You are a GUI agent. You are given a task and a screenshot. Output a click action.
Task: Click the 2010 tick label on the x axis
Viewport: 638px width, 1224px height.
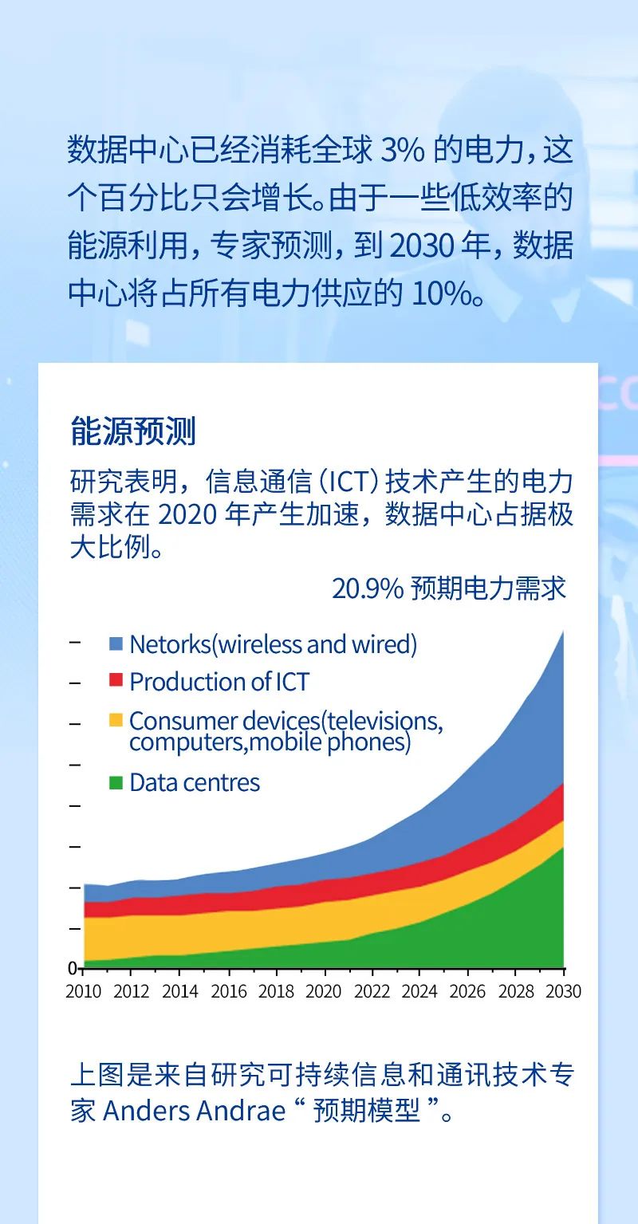pos(83,990)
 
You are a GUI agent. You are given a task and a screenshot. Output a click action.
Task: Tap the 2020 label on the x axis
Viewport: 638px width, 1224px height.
pos(323,990)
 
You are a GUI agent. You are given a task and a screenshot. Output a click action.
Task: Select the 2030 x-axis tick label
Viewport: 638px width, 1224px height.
pos(563,990)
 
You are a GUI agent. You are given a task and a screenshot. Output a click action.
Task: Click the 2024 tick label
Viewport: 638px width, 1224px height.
pos(419,990)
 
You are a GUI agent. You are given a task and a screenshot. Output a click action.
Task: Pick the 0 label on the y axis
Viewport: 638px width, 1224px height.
pos(72,968)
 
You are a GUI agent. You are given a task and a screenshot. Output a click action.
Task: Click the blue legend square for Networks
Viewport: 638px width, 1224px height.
pos(116,643)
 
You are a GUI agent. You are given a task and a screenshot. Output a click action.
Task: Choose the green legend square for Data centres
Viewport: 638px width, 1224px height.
pos(116,782)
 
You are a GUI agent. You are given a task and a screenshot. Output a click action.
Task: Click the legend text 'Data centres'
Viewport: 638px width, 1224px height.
pos(195,782)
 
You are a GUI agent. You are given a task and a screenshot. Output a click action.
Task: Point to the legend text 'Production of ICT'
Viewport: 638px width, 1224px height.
pos(219,682)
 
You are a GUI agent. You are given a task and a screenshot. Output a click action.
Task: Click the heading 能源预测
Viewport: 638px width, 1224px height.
pos(133,431)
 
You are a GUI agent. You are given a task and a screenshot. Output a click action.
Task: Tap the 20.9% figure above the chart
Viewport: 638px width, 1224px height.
pos(368,588)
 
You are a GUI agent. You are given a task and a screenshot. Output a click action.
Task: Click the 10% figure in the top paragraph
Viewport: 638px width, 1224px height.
pos(441,294)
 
